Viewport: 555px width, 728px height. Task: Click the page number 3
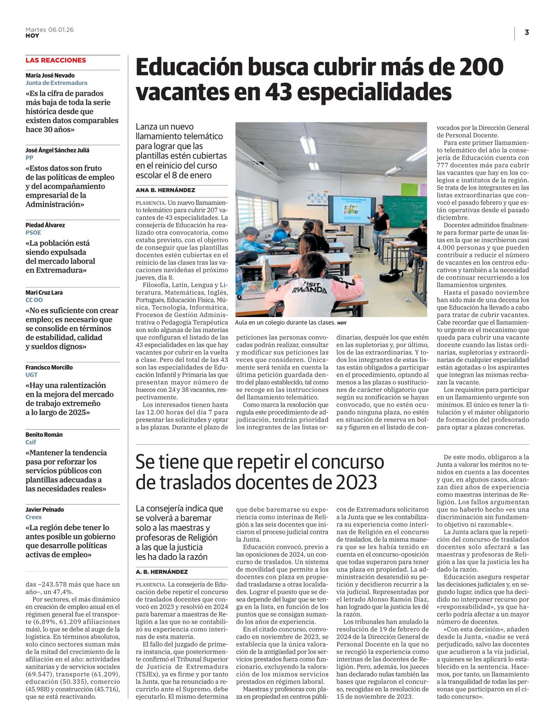point(527,32)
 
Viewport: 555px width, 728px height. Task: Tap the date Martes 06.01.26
point(49,30)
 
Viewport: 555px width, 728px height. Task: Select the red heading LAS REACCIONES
point(55,60)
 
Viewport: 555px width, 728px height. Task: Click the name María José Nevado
point(50,75)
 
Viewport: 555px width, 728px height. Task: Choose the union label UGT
point(31,375)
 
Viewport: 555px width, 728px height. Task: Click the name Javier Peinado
point(45,509)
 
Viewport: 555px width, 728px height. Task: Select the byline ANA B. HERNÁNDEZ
point(165,190)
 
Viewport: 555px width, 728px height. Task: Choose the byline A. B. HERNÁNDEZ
point(161,572)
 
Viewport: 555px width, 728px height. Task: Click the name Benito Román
point(44,434)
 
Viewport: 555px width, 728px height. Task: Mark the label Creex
point(33,517)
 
